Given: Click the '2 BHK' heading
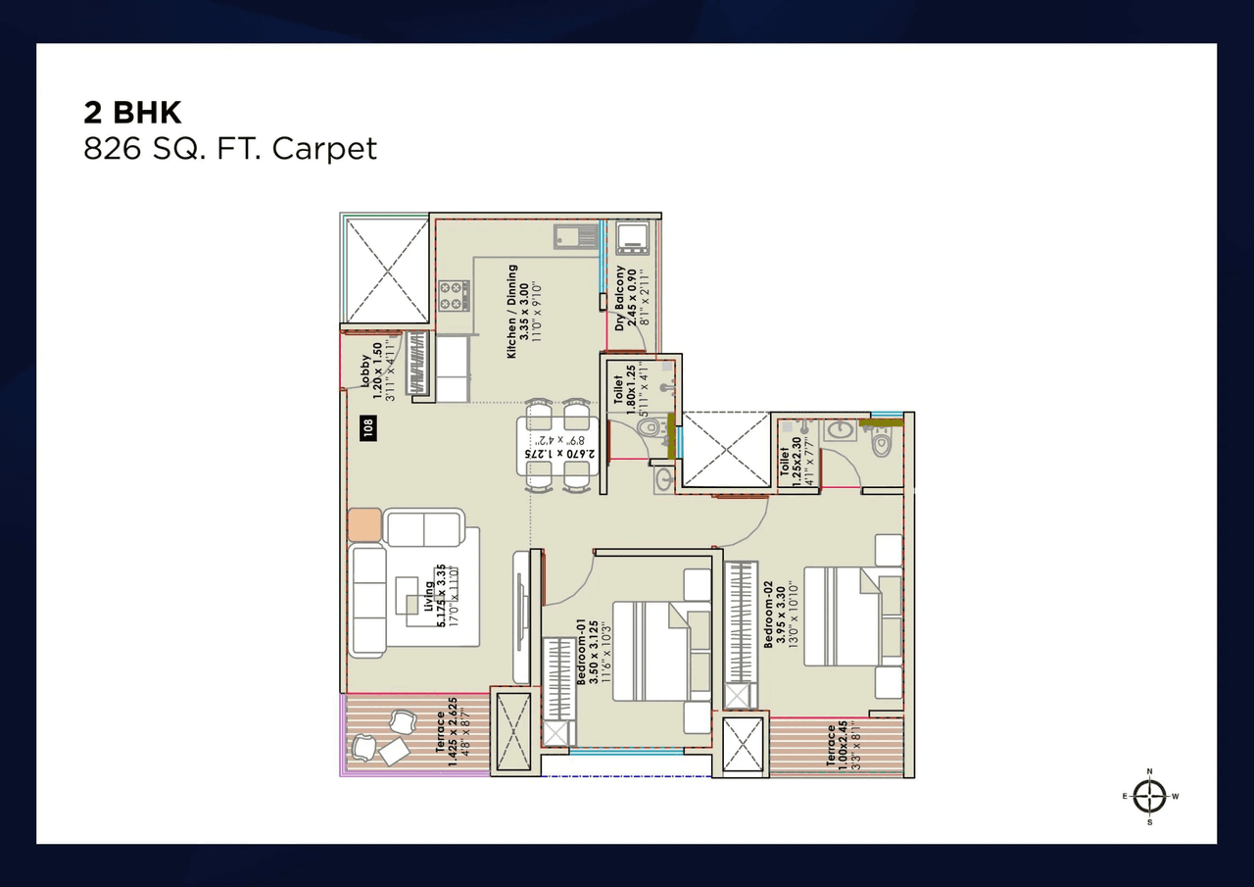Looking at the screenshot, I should click(132, 112).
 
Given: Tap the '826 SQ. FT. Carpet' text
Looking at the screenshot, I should click(230, 148).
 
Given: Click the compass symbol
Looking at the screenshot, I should click(1150, 796).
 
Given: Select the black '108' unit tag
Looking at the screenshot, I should click(369, 429).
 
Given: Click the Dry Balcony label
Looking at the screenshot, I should click(626, 297).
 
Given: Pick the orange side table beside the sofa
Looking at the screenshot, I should click(364, 524).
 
